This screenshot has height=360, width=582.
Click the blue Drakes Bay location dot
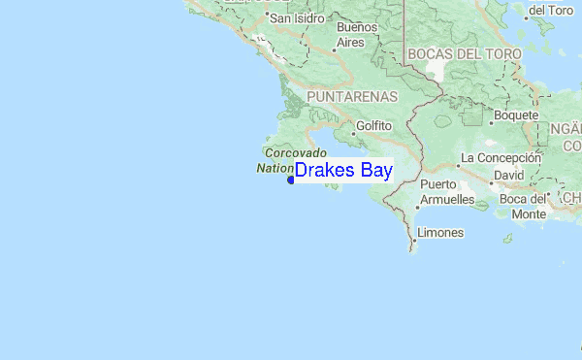click(x=291, y=179)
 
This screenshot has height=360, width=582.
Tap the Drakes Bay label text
click(x=343, y=171)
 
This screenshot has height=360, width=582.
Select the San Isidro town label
click(x=296, y=17)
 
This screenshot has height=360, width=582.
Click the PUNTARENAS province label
click(x=352, y=97)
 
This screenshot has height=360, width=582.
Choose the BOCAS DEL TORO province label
click(x=464, y=53)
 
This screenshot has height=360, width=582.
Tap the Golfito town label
click(x=373, y=125)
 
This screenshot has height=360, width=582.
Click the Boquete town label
click(x=515, y=115)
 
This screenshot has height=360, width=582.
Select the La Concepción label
click(x=500, y=157)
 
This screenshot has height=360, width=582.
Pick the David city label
click(x=508, y=175)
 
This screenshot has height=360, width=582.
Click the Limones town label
click(x=439, y=233)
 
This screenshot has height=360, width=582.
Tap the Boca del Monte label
click(x=529, y=206)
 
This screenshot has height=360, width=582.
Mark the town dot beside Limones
click(x=413, y=234)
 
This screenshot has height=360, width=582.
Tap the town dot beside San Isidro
click(x=266, y=17)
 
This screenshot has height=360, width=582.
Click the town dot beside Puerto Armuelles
click(x=417, y=207)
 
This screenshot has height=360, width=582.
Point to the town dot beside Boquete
click(x=490, y=115)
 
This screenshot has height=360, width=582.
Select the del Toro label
click(x=549, y=10)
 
